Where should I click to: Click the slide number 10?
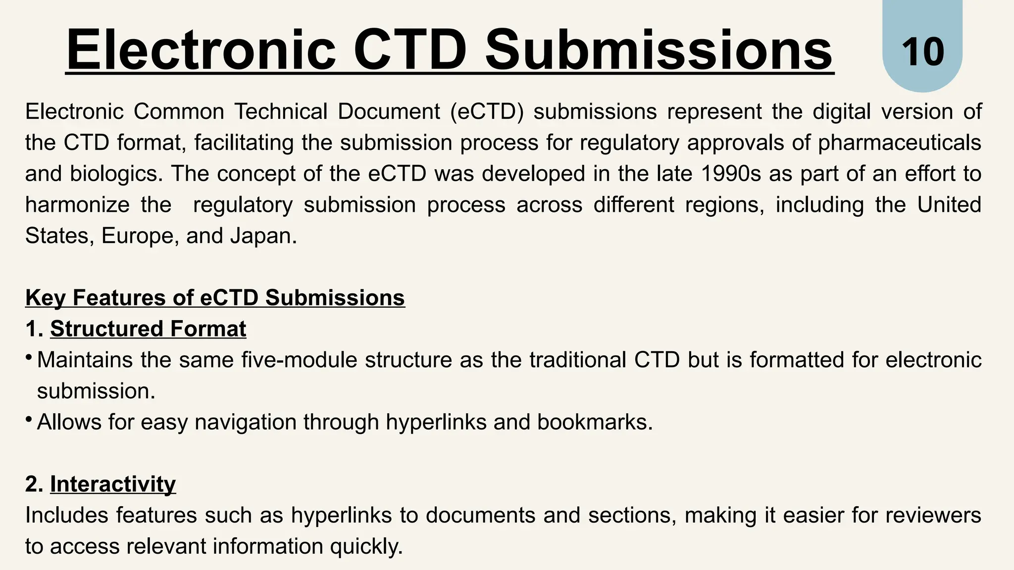coord(922,52)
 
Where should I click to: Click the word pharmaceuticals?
coord(899,143)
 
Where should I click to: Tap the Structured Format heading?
coord(148,329)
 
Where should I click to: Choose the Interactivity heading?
coord(113,484)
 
